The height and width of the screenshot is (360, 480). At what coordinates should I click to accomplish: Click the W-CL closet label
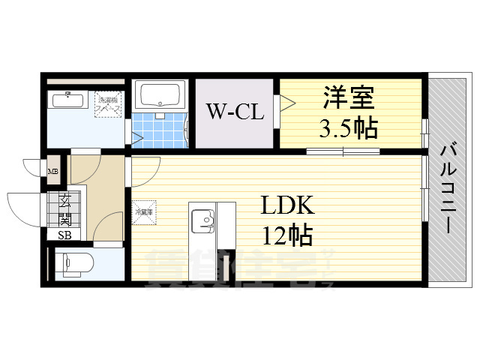(x=235, y=113)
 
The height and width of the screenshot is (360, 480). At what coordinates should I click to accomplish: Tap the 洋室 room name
(x=349, y=98)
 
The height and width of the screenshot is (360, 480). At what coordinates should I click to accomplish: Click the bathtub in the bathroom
(x=160, y=97)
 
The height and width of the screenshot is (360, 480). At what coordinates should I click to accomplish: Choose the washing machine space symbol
(x=109, y=104)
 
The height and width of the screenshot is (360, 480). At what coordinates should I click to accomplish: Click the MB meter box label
(x=53, y=172)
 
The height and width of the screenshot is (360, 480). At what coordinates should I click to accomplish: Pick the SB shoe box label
(x=65, y=234)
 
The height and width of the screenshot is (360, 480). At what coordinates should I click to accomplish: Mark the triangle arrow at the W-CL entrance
(x=285, y=103)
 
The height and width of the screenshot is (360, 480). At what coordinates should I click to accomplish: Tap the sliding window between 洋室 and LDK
(x=343, y=152)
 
